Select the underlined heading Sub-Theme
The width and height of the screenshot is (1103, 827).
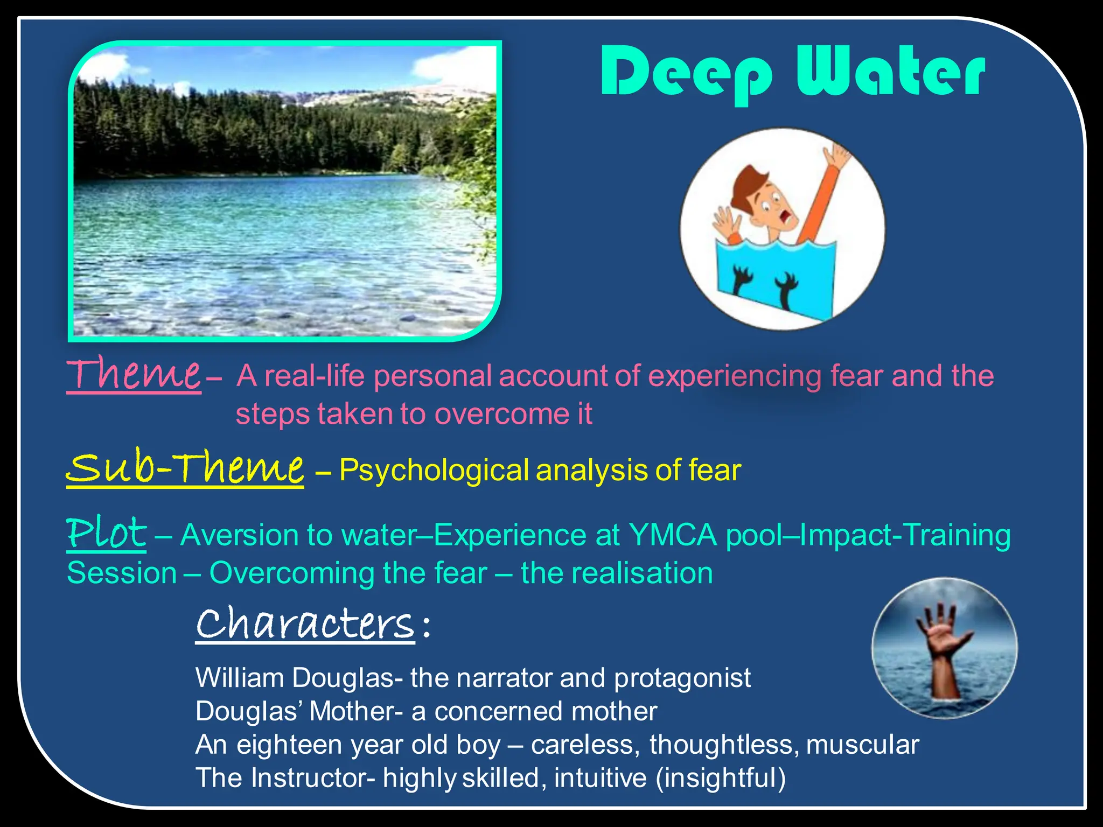[x=185, y=467]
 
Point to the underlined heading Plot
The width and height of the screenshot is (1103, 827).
[x=106, y=533]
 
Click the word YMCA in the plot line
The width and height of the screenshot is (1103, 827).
[x=673, y=535]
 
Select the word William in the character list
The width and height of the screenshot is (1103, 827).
[x=240, y=677]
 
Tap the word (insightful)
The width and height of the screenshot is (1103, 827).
[x=721, y=778]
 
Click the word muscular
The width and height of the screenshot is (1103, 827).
[x=862, y=745]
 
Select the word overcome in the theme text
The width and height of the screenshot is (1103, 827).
[x=501, y=414]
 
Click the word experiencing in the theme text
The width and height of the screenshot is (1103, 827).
[x=735, y=376]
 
